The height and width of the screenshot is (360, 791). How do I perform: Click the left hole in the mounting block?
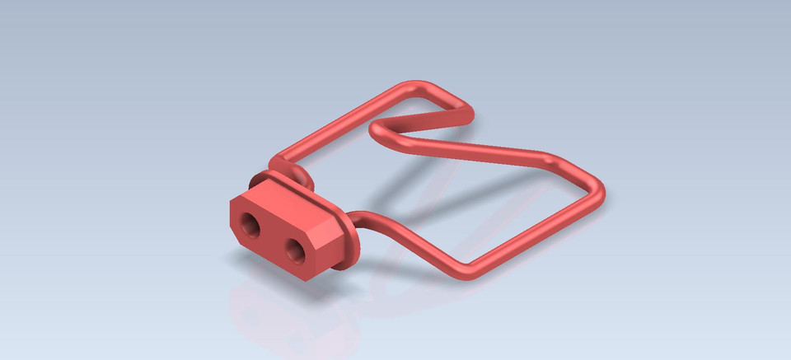(x=250, y=221)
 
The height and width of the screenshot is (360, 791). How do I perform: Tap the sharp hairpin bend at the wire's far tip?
(x=468, y=116)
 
